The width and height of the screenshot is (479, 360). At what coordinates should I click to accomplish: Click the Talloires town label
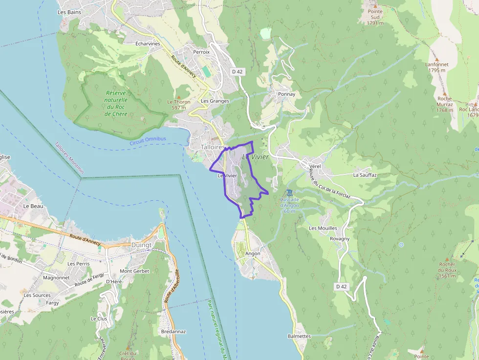pyautogui.click(x=213, y=147)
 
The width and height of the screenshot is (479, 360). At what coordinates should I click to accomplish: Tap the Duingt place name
pyautogui.click(x=141, y=245)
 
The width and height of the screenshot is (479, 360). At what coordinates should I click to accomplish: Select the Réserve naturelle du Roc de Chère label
pyautogui.click(x=116, y=104)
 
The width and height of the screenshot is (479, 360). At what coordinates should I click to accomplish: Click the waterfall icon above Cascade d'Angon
pyautogui.click(x=290, y=192)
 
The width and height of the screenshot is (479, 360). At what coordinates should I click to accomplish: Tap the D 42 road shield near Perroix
pyautogui.click(x=238, y=71)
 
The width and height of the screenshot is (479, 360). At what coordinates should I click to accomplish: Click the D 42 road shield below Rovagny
pyautogui.click(x=343, y=286)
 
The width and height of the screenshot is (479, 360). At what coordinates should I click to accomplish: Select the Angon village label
pyautogui.click(x=253, y=254)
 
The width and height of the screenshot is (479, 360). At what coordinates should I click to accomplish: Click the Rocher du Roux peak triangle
pyautogui.click(x=447, y=259)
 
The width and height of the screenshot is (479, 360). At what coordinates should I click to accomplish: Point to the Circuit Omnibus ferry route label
pyautogui.click(x=148, y=141)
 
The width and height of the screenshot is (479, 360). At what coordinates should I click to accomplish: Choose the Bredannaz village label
pyautogui.click(x=173, y=331)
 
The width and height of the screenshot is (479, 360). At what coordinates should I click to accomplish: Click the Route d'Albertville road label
pyautogui.click(x=172, y=286)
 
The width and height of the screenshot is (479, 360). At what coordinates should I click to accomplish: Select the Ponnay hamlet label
pyautogui.click(x=286, y=94)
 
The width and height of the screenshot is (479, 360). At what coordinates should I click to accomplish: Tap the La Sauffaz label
pyautogui.click(x=365, y=174)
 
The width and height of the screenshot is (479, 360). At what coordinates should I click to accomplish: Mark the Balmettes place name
pyautogui.click(x=299, y=336)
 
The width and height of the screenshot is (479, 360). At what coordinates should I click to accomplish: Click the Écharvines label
pyautogui.click(x=148, y=43)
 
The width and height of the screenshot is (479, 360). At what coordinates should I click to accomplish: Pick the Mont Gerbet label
pyautogui.click(x=133, y=271)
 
